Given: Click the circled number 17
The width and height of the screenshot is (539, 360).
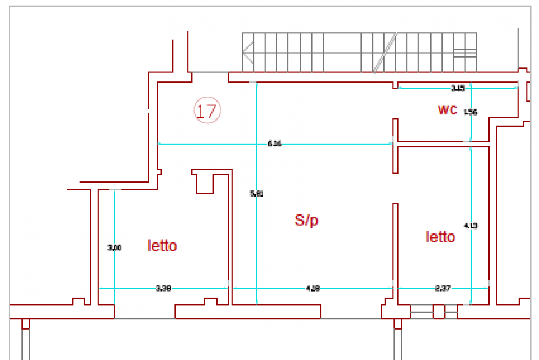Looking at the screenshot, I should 207,110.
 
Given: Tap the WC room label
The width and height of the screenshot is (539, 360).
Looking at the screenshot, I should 447,110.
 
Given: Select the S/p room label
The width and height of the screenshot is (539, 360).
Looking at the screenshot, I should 307,221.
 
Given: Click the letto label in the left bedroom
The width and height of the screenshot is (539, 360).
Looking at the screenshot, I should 162,246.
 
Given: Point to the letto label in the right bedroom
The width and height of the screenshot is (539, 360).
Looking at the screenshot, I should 440,237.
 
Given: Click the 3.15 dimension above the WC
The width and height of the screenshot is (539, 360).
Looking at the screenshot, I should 458,88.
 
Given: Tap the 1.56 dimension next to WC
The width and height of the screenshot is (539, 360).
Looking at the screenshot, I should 470,112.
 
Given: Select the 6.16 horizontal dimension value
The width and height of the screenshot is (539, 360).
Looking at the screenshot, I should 274,144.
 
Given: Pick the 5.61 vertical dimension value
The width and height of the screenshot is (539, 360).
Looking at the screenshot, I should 257,193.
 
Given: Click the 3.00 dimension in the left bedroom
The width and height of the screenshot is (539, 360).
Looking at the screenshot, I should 114,248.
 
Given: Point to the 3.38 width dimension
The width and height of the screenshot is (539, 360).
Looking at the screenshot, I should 163,288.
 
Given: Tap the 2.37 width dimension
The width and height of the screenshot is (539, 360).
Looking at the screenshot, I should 443,288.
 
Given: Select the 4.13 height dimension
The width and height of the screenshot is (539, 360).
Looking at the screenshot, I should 470,225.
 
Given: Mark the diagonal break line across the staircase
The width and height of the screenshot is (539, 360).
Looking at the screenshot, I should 385,53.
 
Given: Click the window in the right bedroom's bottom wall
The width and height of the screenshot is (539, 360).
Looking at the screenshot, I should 434,311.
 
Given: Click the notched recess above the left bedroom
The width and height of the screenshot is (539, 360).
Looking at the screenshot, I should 205,183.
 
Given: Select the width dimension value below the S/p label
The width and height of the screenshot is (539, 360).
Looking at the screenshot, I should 313,288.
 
